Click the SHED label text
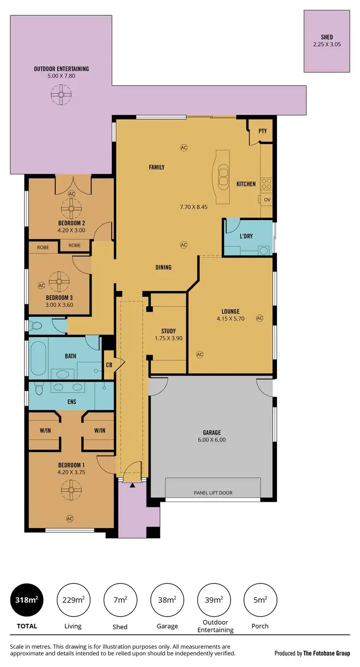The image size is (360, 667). [327, 37]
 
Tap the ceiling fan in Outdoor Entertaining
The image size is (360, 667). [61, 95]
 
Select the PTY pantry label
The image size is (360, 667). [262, 131]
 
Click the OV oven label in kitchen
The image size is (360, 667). [267, 199]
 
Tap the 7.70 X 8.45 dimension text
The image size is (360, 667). [193, 207]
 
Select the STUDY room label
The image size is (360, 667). [168, 331]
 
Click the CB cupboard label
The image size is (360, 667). [109, 364]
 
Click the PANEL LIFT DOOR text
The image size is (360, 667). [213, 493]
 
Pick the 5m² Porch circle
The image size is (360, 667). [260, 599]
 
